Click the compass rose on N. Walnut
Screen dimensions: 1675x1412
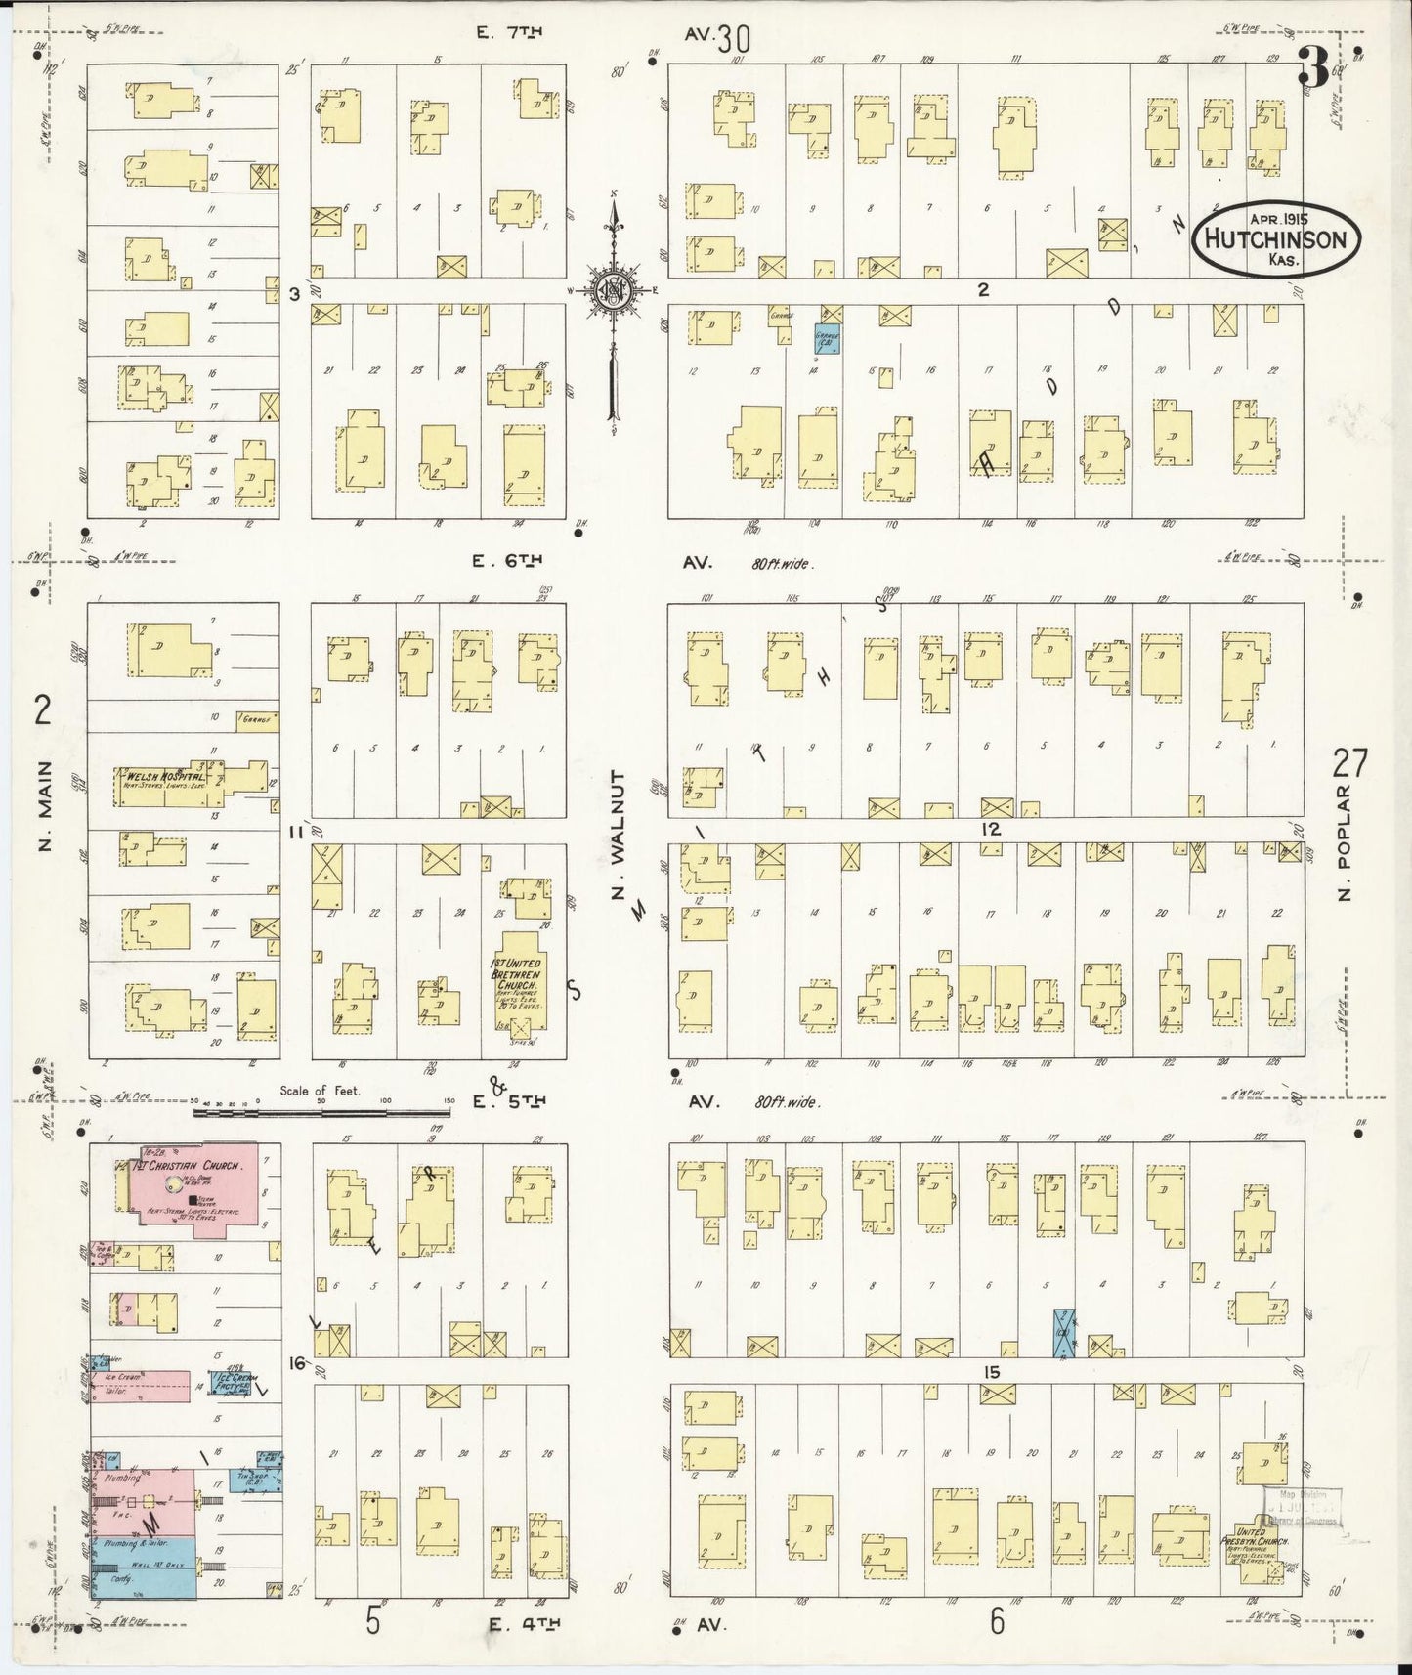(613, 291)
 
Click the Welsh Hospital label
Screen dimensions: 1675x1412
(164, 778)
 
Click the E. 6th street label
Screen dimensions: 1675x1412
(507, 561)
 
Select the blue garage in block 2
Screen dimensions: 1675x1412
(828, 338)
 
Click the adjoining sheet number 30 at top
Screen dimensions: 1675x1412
(732, 39)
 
